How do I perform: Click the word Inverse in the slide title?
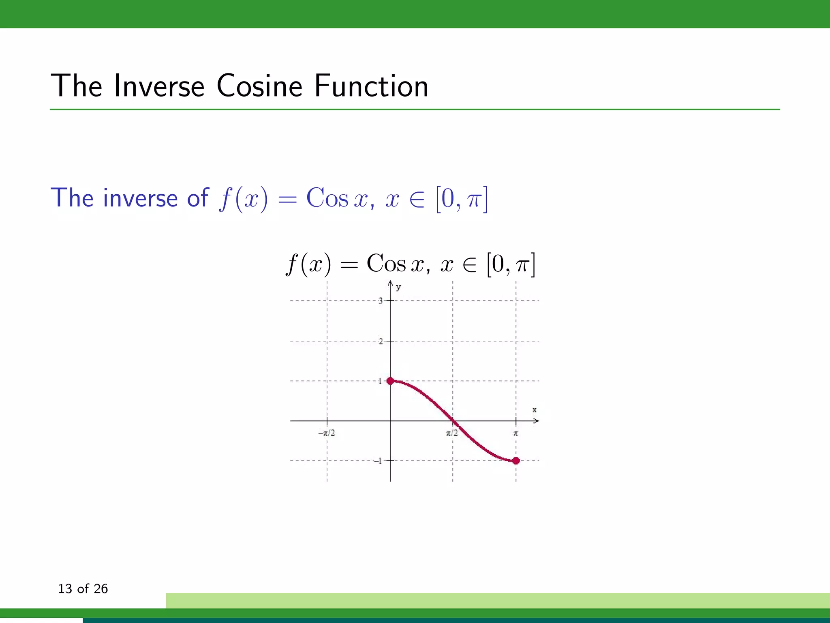pos(159,86)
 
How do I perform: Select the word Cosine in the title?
pos(259,86)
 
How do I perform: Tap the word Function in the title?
pos(371,86)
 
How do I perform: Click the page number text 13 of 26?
pos(83,589)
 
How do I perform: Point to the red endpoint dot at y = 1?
pos(390,381)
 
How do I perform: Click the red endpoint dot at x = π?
pos(516,461)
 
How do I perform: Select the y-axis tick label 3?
pos(381,301)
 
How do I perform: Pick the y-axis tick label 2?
pos(381,341)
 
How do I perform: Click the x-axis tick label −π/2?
pos(327,433)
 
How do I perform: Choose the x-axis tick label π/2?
pos(452,433)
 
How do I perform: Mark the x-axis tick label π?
pos(516,433)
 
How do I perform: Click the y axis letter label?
pos(398,288)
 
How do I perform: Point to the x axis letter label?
pos(535,410)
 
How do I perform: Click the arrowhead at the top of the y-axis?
pos(390,282)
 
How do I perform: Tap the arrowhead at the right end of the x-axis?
pos(536,421)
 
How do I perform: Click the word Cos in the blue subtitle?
pos(327,198)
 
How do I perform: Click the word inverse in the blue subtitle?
pos(141,198)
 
